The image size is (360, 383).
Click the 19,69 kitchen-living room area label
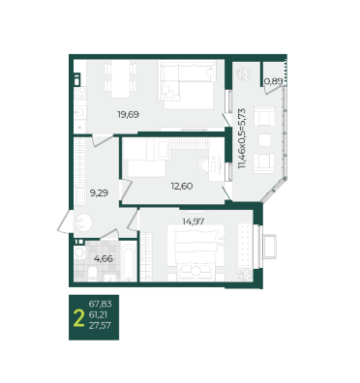pyautogui.click(x=128, y=114)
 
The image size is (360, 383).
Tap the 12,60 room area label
pyautogui.click(x=182, y=186)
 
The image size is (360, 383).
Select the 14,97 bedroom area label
pyautogui.click(x=194, y=221)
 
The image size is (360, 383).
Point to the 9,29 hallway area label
pyautogui.click(x=99, y=193)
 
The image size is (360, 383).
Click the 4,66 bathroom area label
pyautogui.click(x=104, y=258)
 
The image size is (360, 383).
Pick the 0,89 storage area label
pyautogui.click(x=274, y=81)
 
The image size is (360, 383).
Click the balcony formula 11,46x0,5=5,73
pyautogui.click(x=242, y=138)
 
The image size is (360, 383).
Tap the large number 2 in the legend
pyautogui.click(x=78, y=318)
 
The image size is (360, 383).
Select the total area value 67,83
pyautogui.click(x=100, y=304)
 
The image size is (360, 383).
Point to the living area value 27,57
pyautogui.click(x=100, y=326)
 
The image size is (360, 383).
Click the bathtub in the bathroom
pyautogui.click(x=130, y=262)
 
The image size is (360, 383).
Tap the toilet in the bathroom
pyautogui.click(x=93, y=274)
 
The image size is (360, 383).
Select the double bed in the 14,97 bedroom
pyautogui.click(x=195, y=250)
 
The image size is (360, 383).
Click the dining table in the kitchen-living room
pyautogui.click(x=121, y=78)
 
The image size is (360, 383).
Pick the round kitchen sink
pyautogui.click(x=79, y=112)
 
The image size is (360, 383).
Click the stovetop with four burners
pyautogui.click(x=80, y=93)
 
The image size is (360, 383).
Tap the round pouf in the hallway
pyautogui.click(x=83, y=222)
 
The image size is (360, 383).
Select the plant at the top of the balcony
pyautogui.click(x=243, y=74)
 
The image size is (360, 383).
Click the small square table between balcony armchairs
pyautogui.click(x=265, y=140)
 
